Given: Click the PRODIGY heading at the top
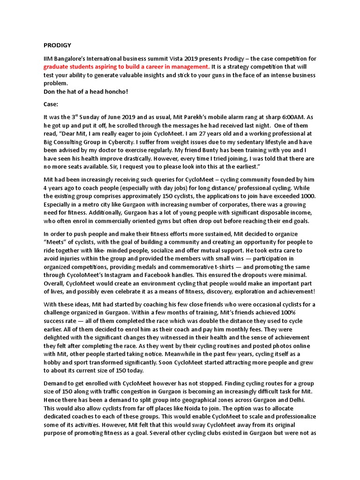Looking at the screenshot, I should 57,45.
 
